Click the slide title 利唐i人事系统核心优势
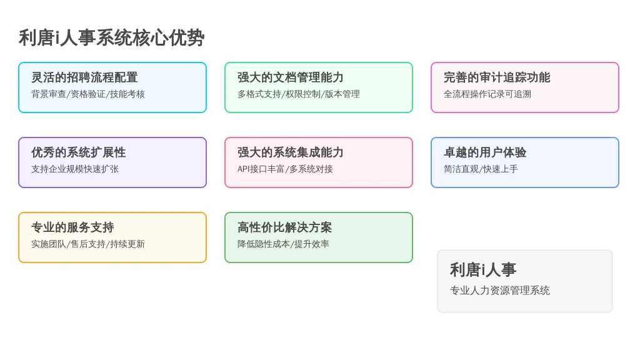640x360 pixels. [111, 38]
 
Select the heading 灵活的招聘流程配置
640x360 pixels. [84, 77]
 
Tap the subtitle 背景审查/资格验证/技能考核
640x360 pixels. [88, 94]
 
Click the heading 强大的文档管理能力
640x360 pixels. [291, 77]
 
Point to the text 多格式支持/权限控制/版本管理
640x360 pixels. [299, 94]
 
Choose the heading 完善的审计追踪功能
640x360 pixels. [497, 77]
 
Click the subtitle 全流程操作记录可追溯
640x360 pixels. [487, 94]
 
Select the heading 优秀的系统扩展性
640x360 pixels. [79, 152]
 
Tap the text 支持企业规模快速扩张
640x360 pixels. [75, 169]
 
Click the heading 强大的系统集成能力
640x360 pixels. [291, 152]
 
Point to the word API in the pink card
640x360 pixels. [243, 169]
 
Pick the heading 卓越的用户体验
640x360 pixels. [485, 152]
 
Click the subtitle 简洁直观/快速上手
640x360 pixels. [481, 169]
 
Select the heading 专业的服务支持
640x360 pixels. [72, 227]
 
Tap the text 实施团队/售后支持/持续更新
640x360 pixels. [88, 244]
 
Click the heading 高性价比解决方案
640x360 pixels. [285, 227]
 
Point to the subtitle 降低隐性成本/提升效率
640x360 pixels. [283, 244]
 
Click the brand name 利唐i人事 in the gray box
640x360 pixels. [483, 270]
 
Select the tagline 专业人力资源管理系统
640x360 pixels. [500, 290]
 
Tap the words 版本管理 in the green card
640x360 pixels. [342, 94]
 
